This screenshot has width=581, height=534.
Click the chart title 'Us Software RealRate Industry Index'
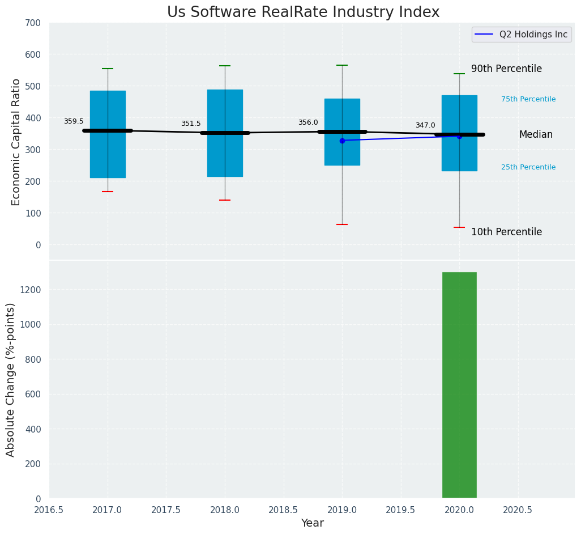point(303,12)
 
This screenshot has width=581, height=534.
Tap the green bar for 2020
point(459,385)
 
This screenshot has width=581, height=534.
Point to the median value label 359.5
point(74,121)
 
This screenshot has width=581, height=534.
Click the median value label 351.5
point(191,124)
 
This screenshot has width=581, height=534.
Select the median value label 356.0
point(308,122)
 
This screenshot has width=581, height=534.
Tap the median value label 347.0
point(425,125)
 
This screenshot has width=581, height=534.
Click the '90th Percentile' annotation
point(506,69)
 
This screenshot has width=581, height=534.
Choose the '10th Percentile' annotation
point(506,232)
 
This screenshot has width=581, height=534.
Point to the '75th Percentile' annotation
point(528,99)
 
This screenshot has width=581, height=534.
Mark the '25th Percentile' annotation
point(528,167)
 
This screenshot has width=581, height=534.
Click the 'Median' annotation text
point(536,134)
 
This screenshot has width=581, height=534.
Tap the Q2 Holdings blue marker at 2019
point(342,141)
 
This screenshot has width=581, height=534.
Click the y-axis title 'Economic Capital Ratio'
point(16,142)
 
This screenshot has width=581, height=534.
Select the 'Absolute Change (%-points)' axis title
point(11,379)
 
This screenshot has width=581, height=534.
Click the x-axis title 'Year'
point(312,523)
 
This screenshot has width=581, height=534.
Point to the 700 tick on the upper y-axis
point(33,23)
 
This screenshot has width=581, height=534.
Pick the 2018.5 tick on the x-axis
point(283,510)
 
